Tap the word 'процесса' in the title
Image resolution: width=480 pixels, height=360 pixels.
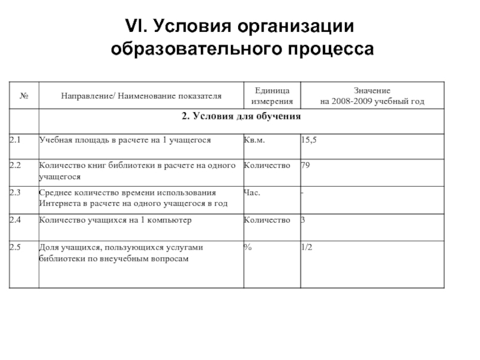(x=324, y=47)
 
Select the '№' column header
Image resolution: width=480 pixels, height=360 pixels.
(x=25, y=95)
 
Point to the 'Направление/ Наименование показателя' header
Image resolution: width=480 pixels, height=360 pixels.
(x=140, y=95)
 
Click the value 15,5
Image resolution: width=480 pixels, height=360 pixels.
(x=308, y=139)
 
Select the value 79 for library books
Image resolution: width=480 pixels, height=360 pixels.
(x=305, y=166)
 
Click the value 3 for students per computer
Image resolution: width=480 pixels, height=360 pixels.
(x=303, y=220)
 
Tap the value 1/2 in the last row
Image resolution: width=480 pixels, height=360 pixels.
(x=307, y=247)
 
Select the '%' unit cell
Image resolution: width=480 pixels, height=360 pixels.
(x=247, y=247)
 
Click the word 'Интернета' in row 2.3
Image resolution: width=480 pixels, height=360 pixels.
(x=58, y=203)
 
